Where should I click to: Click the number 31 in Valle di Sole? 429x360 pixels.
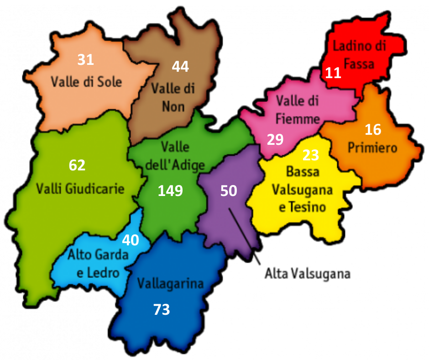pyautogui.click(x=85, y=59)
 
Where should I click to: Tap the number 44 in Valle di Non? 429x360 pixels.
pyautogui.click(x=180, y=66)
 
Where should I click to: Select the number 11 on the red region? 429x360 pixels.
pyautogui.click(x=333, y=73)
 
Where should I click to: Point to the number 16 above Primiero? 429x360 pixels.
pyautogui.click(x=373, y=130)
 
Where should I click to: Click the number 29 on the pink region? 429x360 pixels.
pyautogui.click(x=275, y=139)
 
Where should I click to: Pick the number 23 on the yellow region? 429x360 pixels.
pyautogui.click(x=310, y=155)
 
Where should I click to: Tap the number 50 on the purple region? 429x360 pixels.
pyautogui.click(x=229, y=191)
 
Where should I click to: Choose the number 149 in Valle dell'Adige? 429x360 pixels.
pyautogui.click(x=170, y=191)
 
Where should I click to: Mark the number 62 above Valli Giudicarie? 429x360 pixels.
pyautogui.click(x=77, y=165)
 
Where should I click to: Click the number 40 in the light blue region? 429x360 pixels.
pyautogui.click(x=131, y=240)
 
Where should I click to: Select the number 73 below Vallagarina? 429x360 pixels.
pyautogui.click(x=162, y=310)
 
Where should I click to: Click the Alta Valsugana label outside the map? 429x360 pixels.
pyautogui.click(x=307, y=274)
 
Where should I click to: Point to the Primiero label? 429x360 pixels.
pyautogui.click(x=372, y=148)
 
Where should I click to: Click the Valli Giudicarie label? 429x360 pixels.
pyautogui.click(x=80, y=188)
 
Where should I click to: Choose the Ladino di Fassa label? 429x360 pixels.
pyautogui.click(x=359, y=55)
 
